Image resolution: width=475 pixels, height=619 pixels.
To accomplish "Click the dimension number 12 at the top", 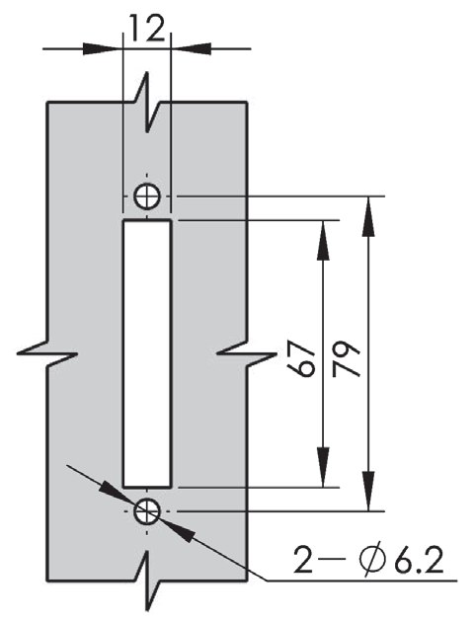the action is pos(146,29).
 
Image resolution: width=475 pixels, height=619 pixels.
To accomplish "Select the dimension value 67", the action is pos(302,358).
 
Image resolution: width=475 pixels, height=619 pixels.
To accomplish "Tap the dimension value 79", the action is pos(347,358).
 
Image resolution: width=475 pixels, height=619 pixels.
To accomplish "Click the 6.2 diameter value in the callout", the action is pos(419,560).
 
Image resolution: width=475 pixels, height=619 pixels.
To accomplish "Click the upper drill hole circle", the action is pos(147,196).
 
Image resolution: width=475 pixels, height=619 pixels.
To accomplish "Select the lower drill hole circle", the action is pos(147,511).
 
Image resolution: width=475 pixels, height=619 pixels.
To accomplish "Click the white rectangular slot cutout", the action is pos(147,353).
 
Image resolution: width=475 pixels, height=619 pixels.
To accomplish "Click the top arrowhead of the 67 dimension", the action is pos(323,241).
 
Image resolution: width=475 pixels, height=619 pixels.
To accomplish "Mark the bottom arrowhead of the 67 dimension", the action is pos(323,467).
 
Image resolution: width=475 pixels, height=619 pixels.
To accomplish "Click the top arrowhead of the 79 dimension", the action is pos(368,216).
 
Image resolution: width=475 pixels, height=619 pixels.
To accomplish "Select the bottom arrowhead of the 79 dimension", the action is pos(368,491).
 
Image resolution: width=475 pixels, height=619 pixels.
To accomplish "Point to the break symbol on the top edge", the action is pos(148,102).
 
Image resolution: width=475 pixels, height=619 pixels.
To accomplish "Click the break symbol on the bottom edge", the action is pos(148,581).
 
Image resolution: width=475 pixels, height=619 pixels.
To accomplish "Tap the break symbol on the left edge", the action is pos(47,353).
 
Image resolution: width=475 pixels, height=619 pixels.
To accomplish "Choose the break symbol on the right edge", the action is pos(247,353).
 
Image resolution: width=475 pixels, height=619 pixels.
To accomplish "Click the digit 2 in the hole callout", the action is pos(303,560).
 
